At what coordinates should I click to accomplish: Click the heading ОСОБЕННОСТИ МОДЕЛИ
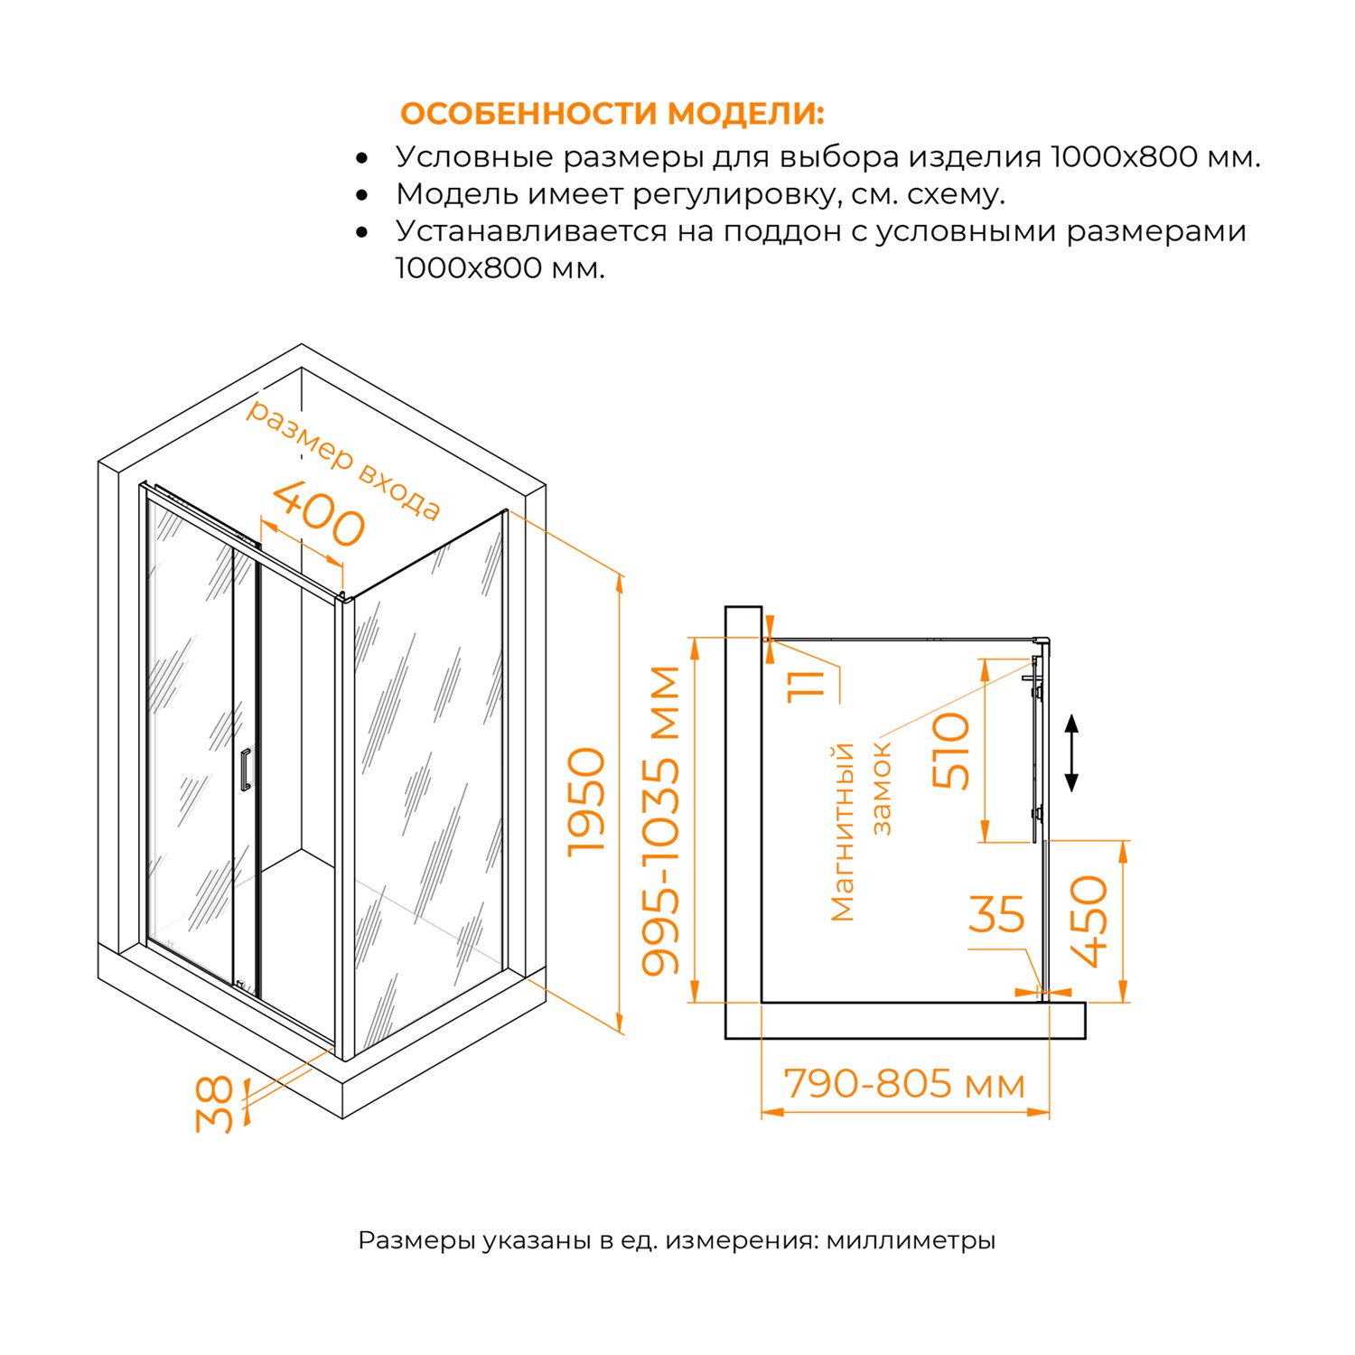pyautogui.click(x=612, y=115)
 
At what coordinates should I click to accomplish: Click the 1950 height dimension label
pyautogui.click(x=587, y=801)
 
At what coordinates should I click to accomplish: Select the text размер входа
pyautogui.click(x=343, y=460)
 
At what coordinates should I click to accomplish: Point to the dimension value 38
pyautogui.click(x=215, y=1104)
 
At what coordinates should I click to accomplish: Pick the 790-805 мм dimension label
pyautogui.click(x=904, y=1084)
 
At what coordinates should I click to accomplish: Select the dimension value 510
pyautogui.click(x=951, y=750)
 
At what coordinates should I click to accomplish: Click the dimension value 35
pyautogui.click(x=996, y=915)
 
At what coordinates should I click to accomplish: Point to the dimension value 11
pyautogui.click(x=807, y=684)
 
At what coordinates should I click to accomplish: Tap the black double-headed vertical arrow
pyautogui.click(x=1071, y=752)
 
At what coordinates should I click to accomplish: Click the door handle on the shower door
pyautogui.click(x=245, y=770)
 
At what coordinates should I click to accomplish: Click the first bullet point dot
pyautogui.click(x=362, y=159)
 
